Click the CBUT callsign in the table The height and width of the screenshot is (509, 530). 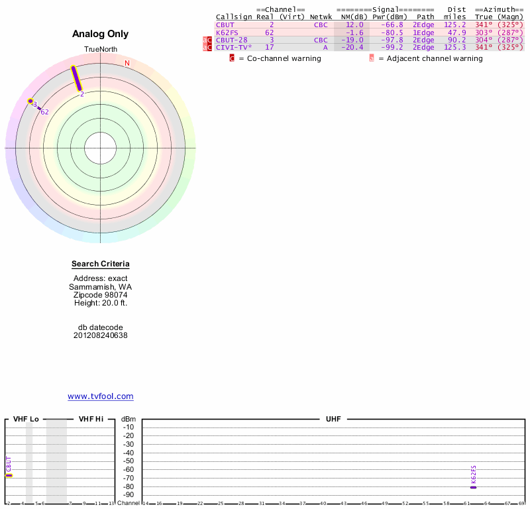225,25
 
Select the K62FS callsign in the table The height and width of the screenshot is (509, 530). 227,32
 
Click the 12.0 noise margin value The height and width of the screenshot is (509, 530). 355,25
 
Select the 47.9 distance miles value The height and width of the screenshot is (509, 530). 456,32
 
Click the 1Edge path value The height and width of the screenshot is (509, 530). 423,32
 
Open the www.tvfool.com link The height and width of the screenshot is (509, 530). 101,396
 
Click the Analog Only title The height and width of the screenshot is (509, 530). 101,34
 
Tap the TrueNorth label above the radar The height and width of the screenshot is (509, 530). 100,50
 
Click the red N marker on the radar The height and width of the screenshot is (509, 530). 127,63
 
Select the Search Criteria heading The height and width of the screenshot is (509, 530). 101,264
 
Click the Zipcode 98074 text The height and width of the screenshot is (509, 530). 101,295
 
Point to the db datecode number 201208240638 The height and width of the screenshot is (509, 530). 101,335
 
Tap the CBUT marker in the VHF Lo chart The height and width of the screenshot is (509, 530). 9,467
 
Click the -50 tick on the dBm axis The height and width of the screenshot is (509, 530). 129,461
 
